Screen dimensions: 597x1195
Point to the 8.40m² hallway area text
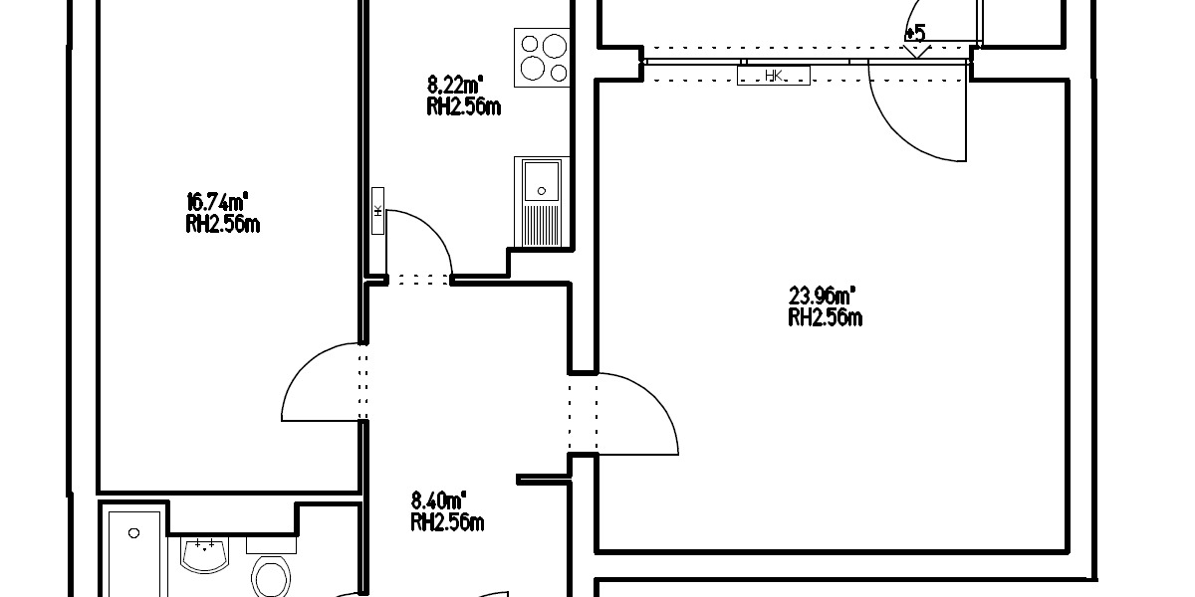pos(439,500)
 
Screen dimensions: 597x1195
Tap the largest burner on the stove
pos(536,69)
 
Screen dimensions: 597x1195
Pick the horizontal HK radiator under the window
pos(773,76)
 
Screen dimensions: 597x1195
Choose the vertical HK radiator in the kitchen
pos(378,211)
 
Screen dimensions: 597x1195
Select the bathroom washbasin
pos(206,553)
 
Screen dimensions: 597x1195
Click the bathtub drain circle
pos(134,533)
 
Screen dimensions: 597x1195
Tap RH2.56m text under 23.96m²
pos(825,318)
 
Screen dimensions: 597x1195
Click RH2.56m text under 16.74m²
pos(222,225)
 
